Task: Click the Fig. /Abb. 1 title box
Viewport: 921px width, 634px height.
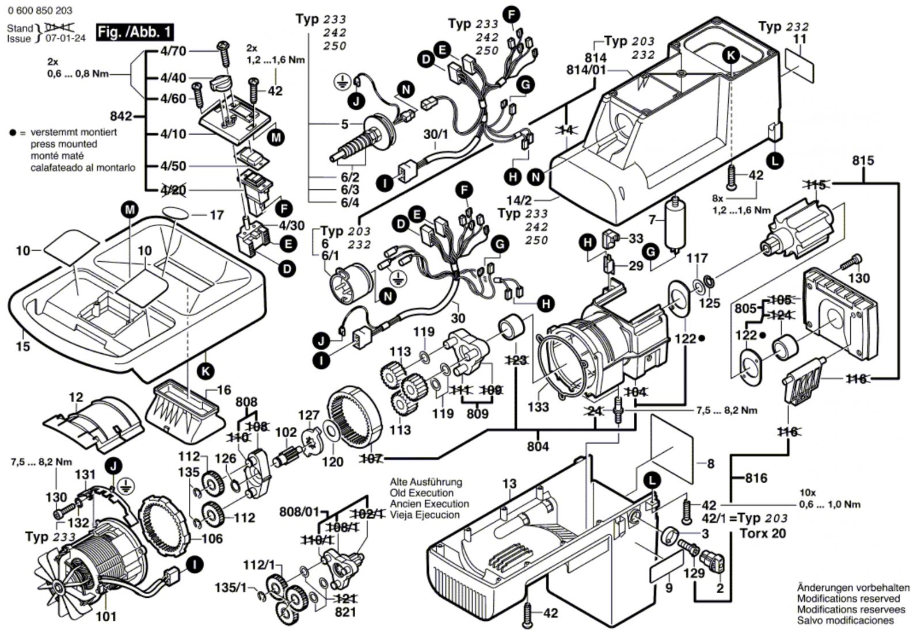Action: pos(134,32)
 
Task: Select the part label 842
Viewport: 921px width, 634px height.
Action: pos(121,116)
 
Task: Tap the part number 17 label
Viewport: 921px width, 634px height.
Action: pos(216,215)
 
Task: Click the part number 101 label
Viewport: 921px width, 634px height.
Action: pos(106,616)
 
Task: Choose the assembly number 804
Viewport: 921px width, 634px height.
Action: pos(538,446)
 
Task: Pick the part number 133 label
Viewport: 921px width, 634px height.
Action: pos(538,407)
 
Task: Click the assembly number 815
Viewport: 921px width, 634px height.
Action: pos(863,161)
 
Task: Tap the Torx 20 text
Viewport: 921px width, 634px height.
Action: pos(763,533)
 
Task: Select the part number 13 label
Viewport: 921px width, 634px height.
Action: pos(509,484)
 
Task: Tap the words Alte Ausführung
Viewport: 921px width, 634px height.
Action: pos(426,482)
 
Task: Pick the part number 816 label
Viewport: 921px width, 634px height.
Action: pos(756,478)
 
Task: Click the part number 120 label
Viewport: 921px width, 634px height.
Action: pos(332,461)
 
